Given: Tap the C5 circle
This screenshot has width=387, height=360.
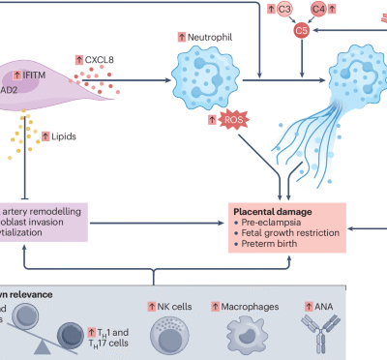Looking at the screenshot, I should coord(302,30).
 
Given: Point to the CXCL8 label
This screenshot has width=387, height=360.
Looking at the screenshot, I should coord(109,59).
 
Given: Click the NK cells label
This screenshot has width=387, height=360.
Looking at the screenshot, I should coord(173,306).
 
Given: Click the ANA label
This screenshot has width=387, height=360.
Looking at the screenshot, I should coord(330,306).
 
